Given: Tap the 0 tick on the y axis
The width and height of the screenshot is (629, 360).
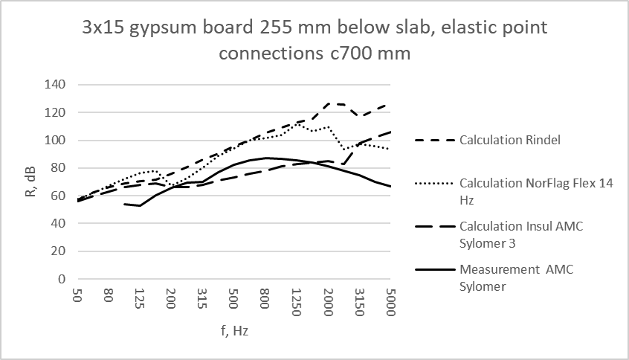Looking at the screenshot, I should [62, 279].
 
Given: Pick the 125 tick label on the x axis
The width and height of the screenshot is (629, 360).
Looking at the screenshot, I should [139, 297].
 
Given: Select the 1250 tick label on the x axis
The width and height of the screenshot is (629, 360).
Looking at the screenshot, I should [296, 298].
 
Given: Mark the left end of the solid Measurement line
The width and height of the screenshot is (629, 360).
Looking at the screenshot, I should [123, 203].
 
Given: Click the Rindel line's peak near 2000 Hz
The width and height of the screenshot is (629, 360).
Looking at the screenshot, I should [329, 104].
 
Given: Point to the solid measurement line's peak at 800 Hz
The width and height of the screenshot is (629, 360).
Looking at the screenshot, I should [265, 158].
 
